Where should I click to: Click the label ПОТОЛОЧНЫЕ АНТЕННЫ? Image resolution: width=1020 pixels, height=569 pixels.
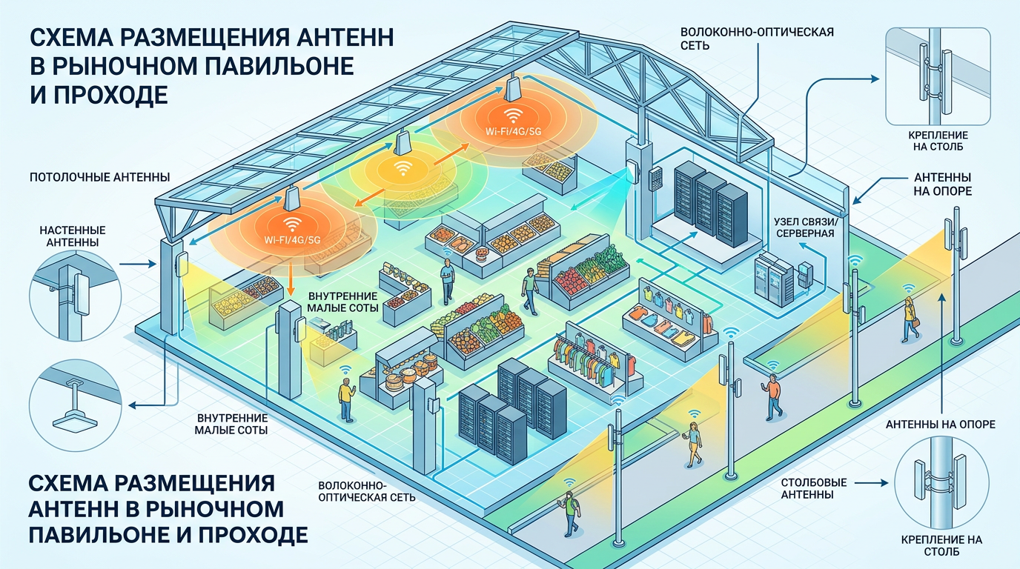[100, 178]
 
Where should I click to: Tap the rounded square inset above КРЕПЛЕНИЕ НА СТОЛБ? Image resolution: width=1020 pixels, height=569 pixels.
[938, 76]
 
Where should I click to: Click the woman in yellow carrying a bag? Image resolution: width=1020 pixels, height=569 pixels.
[910, 316]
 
